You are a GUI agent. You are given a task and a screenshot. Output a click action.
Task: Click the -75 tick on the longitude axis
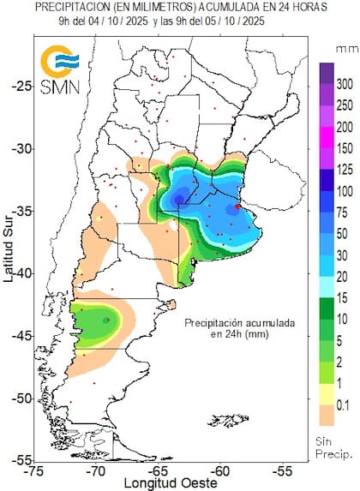[35, 470]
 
